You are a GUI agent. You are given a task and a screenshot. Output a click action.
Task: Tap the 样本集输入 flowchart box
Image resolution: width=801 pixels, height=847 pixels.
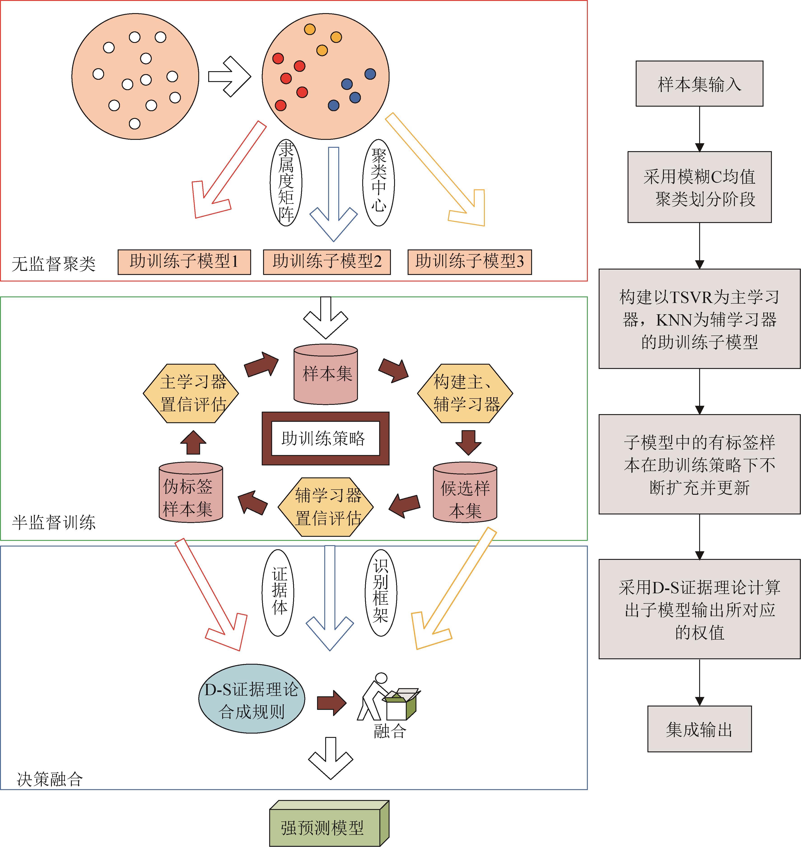[699, 84]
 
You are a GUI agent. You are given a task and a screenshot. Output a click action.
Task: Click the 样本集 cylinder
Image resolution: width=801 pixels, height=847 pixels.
[326, 374]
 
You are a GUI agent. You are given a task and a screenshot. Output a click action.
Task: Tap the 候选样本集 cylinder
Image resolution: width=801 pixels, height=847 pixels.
[465, 493]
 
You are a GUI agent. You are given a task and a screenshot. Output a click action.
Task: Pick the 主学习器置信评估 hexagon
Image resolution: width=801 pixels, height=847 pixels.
[191, 393]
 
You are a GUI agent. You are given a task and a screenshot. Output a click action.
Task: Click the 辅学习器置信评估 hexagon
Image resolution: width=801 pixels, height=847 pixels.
[326, 507]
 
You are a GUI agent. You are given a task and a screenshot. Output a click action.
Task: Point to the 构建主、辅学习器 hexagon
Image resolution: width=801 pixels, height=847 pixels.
[465, 393]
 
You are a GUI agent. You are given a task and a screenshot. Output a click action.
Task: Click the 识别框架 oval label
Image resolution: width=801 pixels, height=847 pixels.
[381, 592]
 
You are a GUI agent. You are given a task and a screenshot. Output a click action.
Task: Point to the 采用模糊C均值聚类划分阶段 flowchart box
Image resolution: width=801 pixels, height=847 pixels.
[699, 187]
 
